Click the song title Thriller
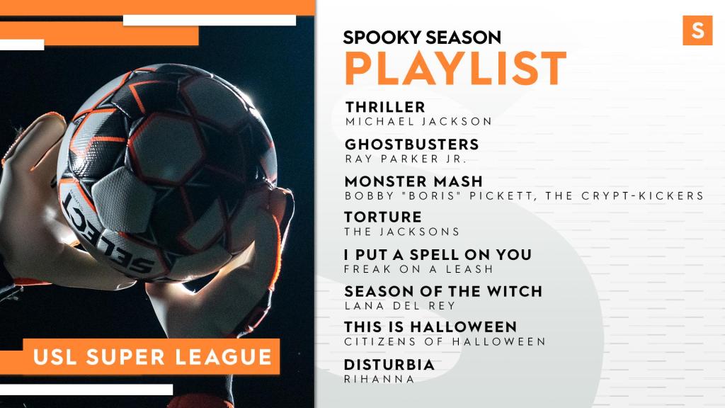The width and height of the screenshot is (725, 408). click(385, 108)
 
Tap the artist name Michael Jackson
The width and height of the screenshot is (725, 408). click(418, 122)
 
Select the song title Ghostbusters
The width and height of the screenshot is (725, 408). click(411, 144)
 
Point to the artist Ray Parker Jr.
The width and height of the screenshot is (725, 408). click(406, 159)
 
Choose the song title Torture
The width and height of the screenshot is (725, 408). click(383, 217)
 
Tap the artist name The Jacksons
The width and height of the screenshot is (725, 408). click(402, 232)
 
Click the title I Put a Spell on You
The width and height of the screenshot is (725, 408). click(438, 254)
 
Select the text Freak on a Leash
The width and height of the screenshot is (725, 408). click(419, 268)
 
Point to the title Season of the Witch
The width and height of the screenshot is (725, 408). click(443, 291)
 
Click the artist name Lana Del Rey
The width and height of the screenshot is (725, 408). click(400, 306)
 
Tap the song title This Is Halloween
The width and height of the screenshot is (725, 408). click(430, 327)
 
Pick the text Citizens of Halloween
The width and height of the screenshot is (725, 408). click(445, 342)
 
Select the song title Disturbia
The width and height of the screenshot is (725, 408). click(389, 365)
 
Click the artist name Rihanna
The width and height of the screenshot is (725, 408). click(379, 380)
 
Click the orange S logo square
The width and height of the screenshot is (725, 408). click(697, 30)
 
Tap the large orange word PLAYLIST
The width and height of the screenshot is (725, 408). click(455, 69)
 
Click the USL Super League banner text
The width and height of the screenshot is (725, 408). click(152, 357)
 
